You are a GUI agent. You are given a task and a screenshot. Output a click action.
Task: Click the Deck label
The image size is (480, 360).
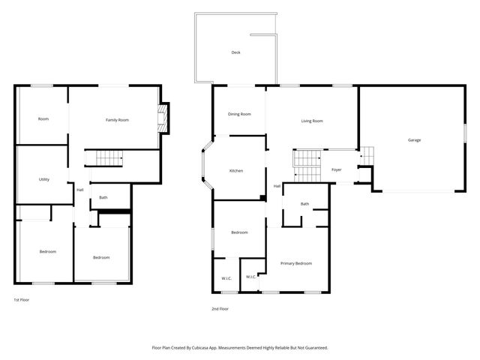click(235, 52)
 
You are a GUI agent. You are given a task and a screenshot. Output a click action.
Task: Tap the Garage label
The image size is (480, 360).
click(414, 140)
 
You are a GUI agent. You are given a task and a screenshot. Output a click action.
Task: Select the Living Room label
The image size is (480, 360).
click(312, 121)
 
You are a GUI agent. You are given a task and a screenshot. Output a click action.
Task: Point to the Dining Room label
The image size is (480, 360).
click(239, 114)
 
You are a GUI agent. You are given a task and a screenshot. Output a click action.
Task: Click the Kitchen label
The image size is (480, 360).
click(236, 171)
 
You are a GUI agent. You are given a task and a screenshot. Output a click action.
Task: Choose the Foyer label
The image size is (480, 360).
click(337, 170)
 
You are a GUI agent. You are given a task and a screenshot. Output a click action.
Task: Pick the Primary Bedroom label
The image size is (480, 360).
click(295, 263)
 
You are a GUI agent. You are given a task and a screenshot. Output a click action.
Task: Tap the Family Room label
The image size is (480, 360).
click(117, 120)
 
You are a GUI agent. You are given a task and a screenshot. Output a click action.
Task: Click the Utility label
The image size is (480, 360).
click(44, 179)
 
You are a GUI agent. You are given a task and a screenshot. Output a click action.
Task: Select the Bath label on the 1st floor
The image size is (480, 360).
click(103, 198)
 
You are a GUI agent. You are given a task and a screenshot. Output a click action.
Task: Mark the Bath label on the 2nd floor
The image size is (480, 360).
click(304, 204)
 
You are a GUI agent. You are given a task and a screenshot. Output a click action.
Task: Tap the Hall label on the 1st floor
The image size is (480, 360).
click(80, 190)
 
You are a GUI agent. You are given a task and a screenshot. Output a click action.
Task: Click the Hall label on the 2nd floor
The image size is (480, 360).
click(277, 186)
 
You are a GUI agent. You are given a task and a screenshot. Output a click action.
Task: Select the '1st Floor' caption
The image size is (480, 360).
click(22, 299)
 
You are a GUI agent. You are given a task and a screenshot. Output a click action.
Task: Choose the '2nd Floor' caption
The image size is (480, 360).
click(220, 308)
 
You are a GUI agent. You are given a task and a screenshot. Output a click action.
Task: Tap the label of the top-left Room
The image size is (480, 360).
click(43, 118)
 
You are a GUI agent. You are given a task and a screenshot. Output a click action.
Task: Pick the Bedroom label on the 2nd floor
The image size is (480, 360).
click(239, 232)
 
